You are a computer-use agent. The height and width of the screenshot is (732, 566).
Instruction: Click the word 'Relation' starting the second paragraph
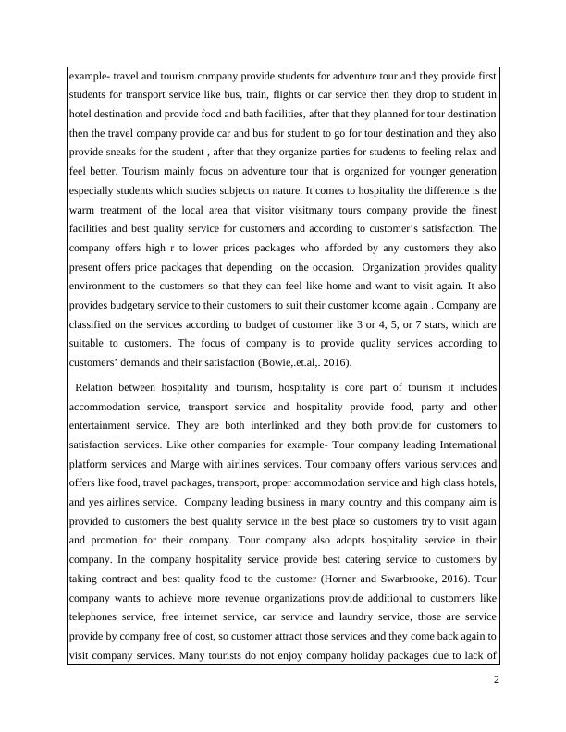[98, 387]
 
